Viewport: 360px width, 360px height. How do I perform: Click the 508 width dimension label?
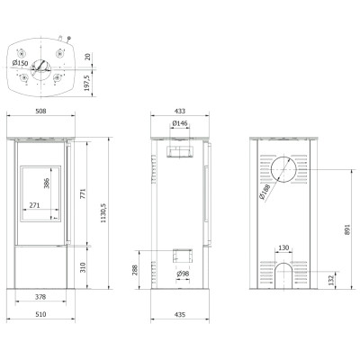pos(40,111)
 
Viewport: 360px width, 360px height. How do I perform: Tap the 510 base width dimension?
pos(40,314)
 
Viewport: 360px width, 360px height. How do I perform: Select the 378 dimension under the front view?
pos(40,297)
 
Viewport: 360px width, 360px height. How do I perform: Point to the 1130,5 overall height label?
pos(103,212)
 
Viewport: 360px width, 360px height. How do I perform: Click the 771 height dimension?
pos(83,193)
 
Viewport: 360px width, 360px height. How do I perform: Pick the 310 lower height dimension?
pos(83,267)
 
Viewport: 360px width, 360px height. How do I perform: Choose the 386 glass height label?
pos(47,183)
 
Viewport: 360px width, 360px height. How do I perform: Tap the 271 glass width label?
pos(34,205)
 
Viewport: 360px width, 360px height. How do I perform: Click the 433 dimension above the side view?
pos(180,111)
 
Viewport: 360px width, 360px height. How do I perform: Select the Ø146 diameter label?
pos(180,123)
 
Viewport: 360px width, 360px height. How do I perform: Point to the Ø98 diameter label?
pos(183,274)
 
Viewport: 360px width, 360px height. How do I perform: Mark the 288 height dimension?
pos(135,270)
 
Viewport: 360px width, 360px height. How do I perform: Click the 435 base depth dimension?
pos(180,314)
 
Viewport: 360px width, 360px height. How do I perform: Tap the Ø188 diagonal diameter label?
pos(265,192)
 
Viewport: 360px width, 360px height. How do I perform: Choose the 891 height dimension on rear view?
pos(347,229)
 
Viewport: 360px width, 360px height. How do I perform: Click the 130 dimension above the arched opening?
pos(283,247)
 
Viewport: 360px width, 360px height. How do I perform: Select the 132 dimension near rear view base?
pos(331,280)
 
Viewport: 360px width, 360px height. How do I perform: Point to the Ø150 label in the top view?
pos(20,63)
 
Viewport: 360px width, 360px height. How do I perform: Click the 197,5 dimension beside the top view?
pos(87,83)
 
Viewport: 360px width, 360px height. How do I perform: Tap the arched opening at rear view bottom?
pos(283,264)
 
